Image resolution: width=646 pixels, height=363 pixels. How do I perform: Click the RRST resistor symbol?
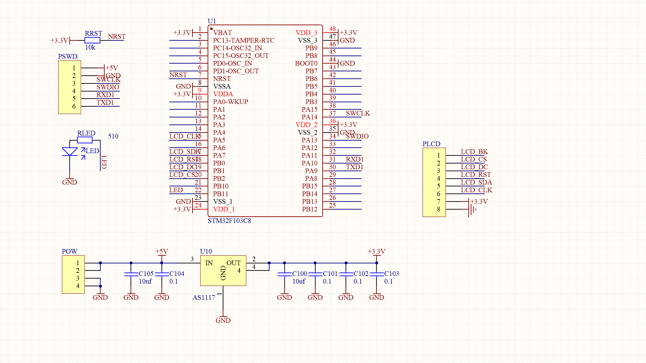pos(92,40)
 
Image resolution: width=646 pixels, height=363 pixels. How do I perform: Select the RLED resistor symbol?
pos(85,140)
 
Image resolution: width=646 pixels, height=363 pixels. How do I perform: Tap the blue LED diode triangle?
pos(70,152)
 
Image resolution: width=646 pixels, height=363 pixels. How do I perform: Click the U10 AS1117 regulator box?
pos(223,270)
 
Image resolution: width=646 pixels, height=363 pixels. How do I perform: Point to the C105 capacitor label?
pos(146,274)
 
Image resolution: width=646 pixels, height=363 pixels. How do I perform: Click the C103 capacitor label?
pos(392,274)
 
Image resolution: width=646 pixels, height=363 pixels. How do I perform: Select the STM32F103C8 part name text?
pos(229,221)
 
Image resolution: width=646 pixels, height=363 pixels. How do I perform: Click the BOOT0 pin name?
pos(306,64)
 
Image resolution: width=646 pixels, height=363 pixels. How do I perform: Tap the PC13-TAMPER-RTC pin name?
pos(244,40)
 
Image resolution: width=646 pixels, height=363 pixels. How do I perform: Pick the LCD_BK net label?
pos(474,152)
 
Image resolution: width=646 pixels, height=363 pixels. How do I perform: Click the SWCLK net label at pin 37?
pos(358,113)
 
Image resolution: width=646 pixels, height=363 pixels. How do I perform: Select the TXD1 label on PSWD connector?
pos(105,103)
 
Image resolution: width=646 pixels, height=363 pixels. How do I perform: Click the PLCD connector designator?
pos(431,144)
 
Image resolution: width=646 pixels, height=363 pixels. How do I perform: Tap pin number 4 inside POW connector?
pos(78,286)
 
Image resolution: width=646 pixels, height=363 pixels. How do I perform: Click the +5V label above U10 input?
pos(161,252)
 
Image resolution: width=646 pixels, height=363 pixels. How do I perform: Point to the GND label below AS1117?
pos(223,320)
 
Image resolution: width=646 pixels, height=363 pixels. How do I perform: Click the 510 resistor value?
pos(113,136)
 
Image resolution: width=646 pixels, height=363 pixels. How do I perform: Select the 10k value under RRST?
pos(90,47)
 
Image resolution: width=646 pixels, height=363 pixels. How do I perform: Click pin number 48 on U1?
pos(332,29)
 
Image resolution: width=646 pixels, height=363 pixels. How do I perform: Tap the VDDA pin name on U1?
pos(223,94)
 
